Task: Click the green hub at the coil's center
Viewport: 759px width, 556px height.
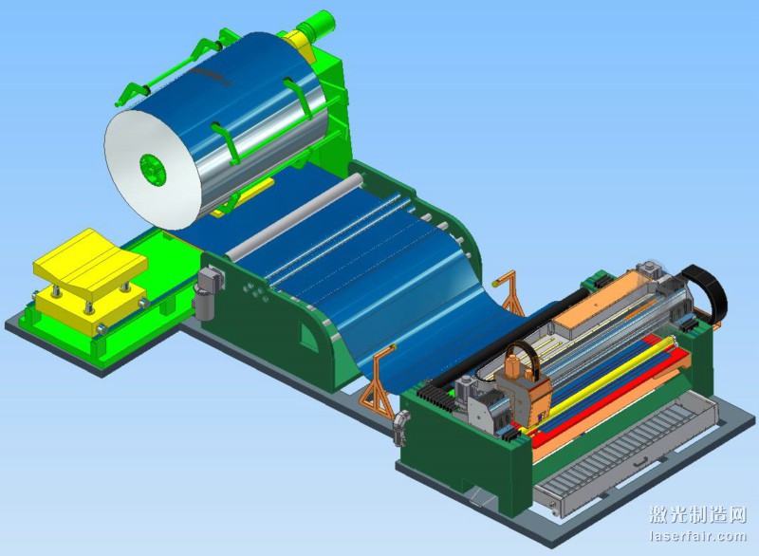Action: pyautogui.click(x=153, y=169)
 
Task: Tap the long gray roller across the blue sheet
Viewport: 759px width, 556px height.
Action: pyautogui.click(x=295, y=215)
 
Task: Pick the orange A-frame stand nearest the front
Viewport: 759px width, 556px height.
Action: pyautogui.click(x=378, y=382)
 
